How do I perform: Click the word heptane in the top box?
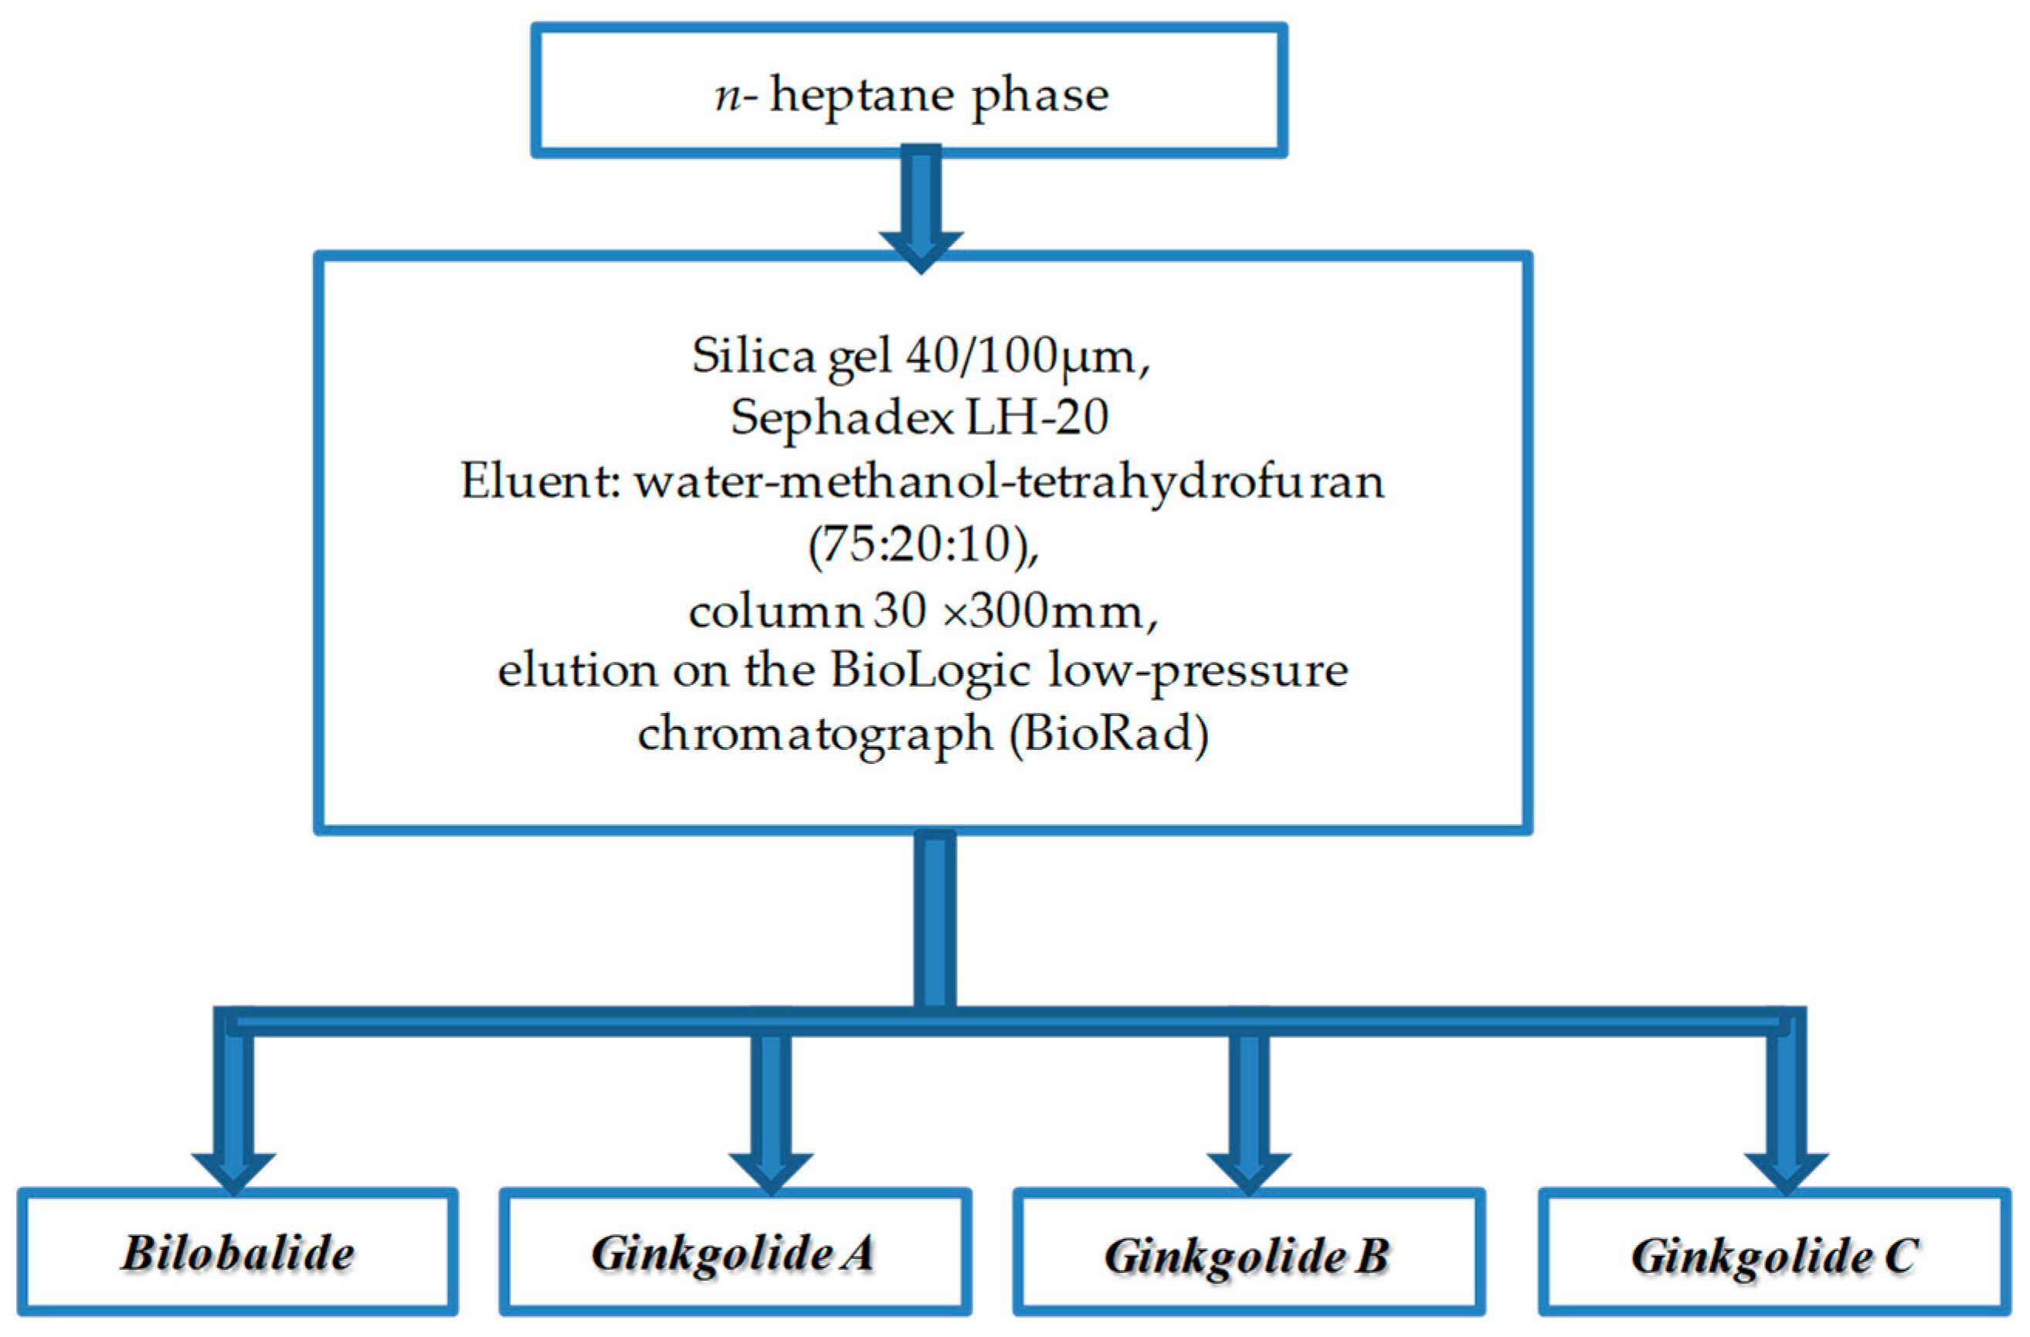[x=862, y=96]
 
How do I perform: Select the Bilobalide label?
[x=237, y=1254]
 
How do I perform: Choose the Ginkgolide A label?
[x=734, y=1254]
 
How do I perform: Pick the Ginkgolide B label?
[x=1247, y=1256]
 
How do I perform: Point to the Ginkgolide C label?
[x=1775, y=1256]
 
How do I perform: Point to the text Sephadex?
[x=841, y=418]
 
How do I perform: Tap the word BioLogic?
[x=931, y=670]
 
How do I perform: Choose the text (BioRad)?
[x=1108, y=733]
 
